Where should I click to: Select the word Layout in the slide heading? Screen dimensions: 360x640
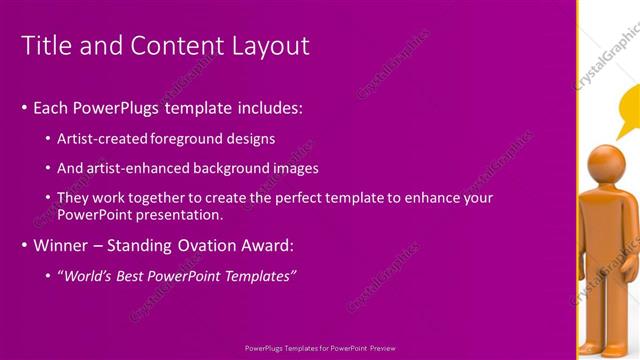click(x=272, y=46)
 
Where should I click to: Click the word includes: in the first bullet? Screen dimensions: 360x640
click(x=267, y=107)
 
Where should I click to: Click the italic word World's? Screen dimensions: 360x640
click(x=89, y=275)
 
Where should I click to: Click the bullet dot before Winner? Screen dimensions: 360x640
click(x=24, y=245)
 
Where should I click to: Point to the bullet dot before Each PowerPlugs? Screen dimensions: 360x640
click(x=24, y=107)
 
